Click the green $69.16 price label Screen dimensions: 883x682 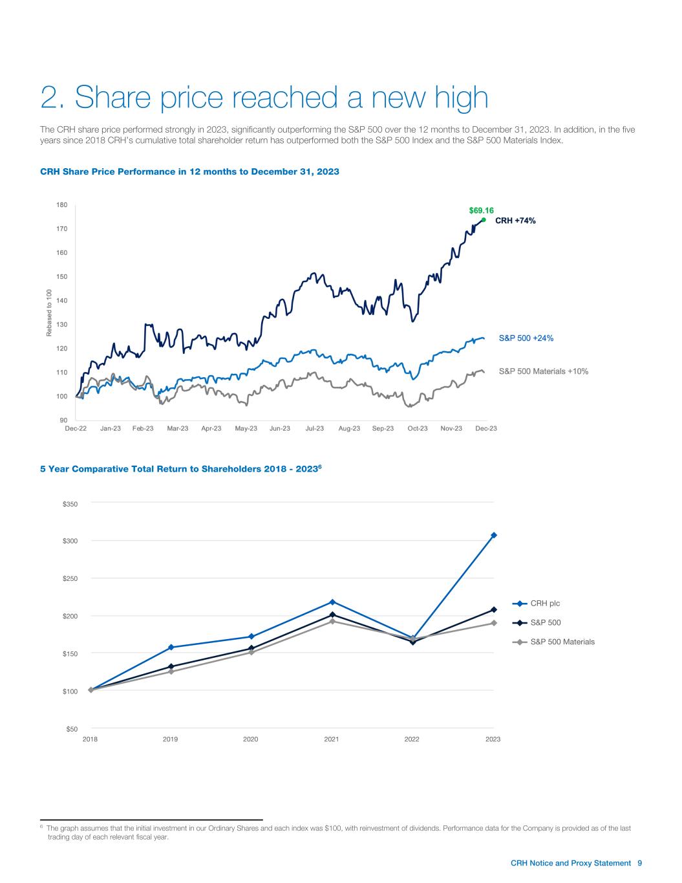(x=481, y=210)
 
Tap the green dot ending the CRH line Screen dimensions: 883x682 (x=484, y=220)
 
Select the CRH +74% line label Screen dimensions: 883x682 (x=516, y=220)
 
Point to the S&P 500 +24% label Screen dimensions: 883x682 (x=526, y=338)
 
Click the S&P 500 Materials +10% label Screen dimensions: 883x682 (x=543, y=371)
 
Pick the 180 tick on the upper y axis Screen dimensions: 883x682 (x=61, y=205)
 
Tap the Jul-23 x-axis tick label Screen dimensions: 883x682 (x=314, y=428)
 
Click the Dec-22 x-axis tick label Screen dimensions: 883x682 (x=76, y=428)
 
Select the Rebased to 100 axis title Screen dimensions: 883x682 (x=49, y=313)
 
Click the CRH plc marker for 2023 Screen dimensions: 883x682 (x=494, y=535)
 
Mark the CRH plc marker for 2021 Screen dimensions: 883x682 (x=332, y=602)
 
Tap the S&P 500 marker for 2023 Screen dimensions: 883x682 (x=494, y=609)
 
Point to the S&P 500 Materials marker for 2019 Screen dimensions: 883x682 (x=171, y=671)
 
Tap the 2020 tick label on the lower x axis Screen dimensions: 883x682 (x=251, y=739)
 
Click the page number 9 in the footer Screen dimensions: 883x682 (x=639, y=863)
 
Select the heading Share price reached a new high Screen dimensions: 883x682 (x=264, y=98)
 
